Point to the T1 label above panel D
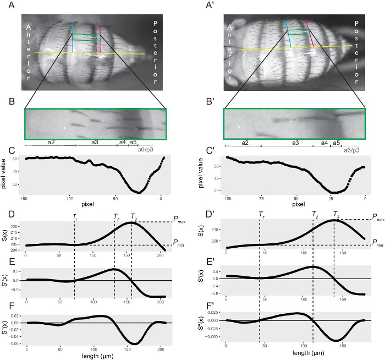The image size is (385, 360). click(x=74, y=217)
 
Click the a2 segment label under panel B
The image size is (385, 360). click(x=51, y=142)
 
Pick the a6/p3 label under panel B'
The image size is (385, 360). click(x=351, y=149)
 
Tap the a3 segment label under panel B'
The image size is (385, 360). click(x=295, y=143)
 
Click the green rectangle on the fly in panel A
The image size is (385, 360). click(x=86, y=37)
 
